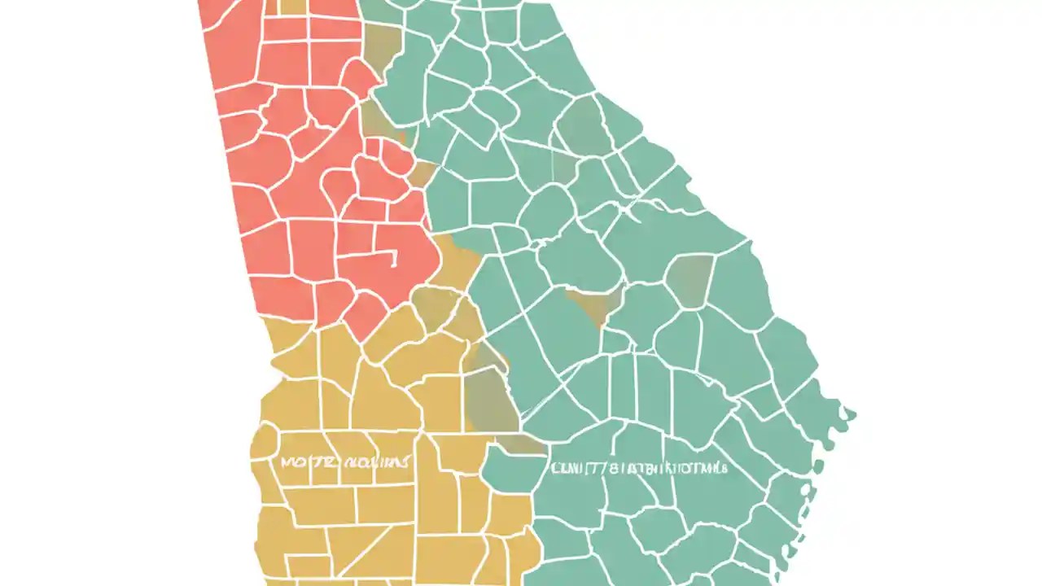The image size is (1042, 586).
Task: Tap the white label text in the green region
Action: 639,468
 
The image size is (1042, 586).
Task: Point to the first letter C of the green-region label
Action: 557,468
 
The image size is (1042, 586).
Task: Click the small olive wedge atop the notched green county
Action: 521,444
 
